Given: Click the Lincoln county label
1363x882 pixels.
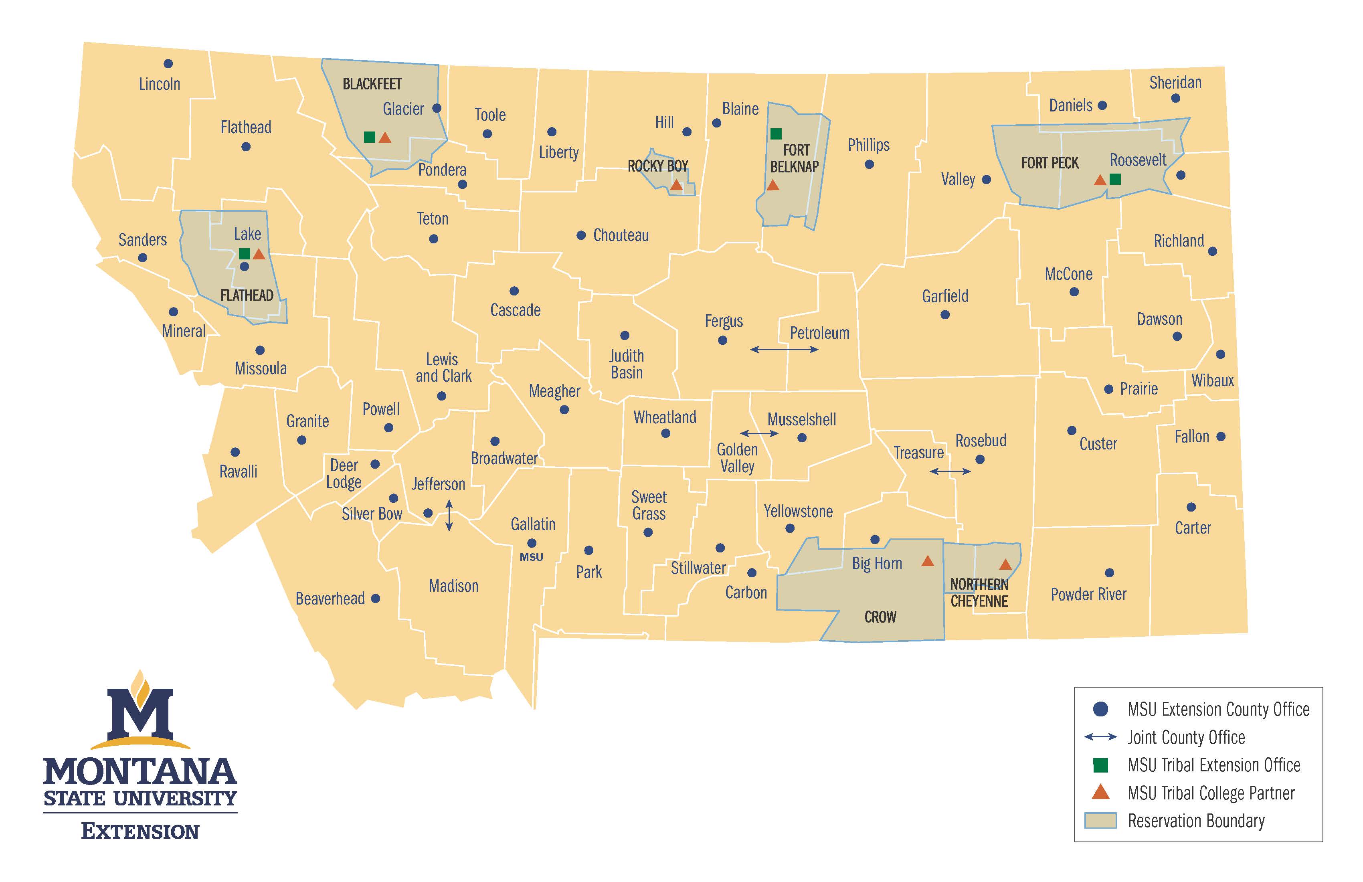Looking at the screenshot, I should coord(159,84).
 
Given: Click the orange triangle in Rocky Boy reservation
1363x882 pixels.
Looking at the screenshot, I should coord(676,185).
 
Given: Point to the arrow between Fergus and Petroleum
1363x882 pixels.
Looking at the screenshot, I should coord(784,349).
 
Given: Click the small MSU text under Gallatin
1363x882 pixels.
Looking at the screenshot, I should coord(532,557).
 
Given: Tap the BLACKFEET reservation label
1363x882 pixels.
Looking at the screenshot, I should coord(372,84).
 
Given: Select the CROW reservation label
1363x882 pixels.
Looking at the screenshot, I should coord(880,617).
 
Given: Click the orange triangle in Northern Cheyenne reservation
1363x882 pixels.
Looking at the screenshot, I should coord(1005,565).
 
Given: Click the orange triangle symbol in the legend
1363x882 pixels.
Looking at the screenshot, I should coord(1100,793).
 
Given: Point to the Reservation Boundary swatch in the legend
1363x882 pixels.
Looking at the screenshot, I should coord(1100,820).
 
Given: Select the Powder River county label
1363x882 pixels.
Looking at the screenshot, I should coord(1088,595).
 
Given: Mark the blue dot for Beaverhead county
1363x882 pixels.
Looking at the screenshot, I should coord(376,599).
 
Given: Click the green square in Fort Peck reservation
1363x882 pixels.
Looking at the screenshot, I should coord(1115,179).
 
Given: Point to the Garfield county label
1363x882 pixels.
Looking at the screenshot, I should coord(945,296).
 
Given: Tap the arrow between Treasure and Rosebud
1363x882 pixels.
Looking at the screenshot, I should coord(950,471).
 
